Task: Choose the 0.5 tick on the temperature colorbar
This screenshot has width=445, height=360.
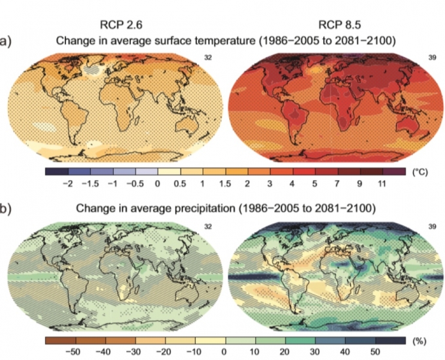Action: pos(180,186)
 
